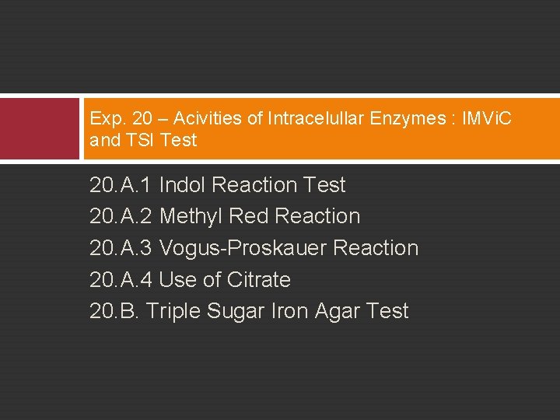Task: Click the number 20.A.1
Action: point(121,185)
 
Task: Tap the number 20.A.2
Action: point(121,216)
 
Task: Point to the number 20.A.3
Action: point(121,248)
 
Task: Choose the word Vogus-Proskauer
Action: point(243,248)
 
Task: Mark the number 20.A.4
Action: point(121,280)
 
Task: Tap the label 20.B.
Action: point(114,311)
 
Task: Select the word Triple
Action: point(173,312)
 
